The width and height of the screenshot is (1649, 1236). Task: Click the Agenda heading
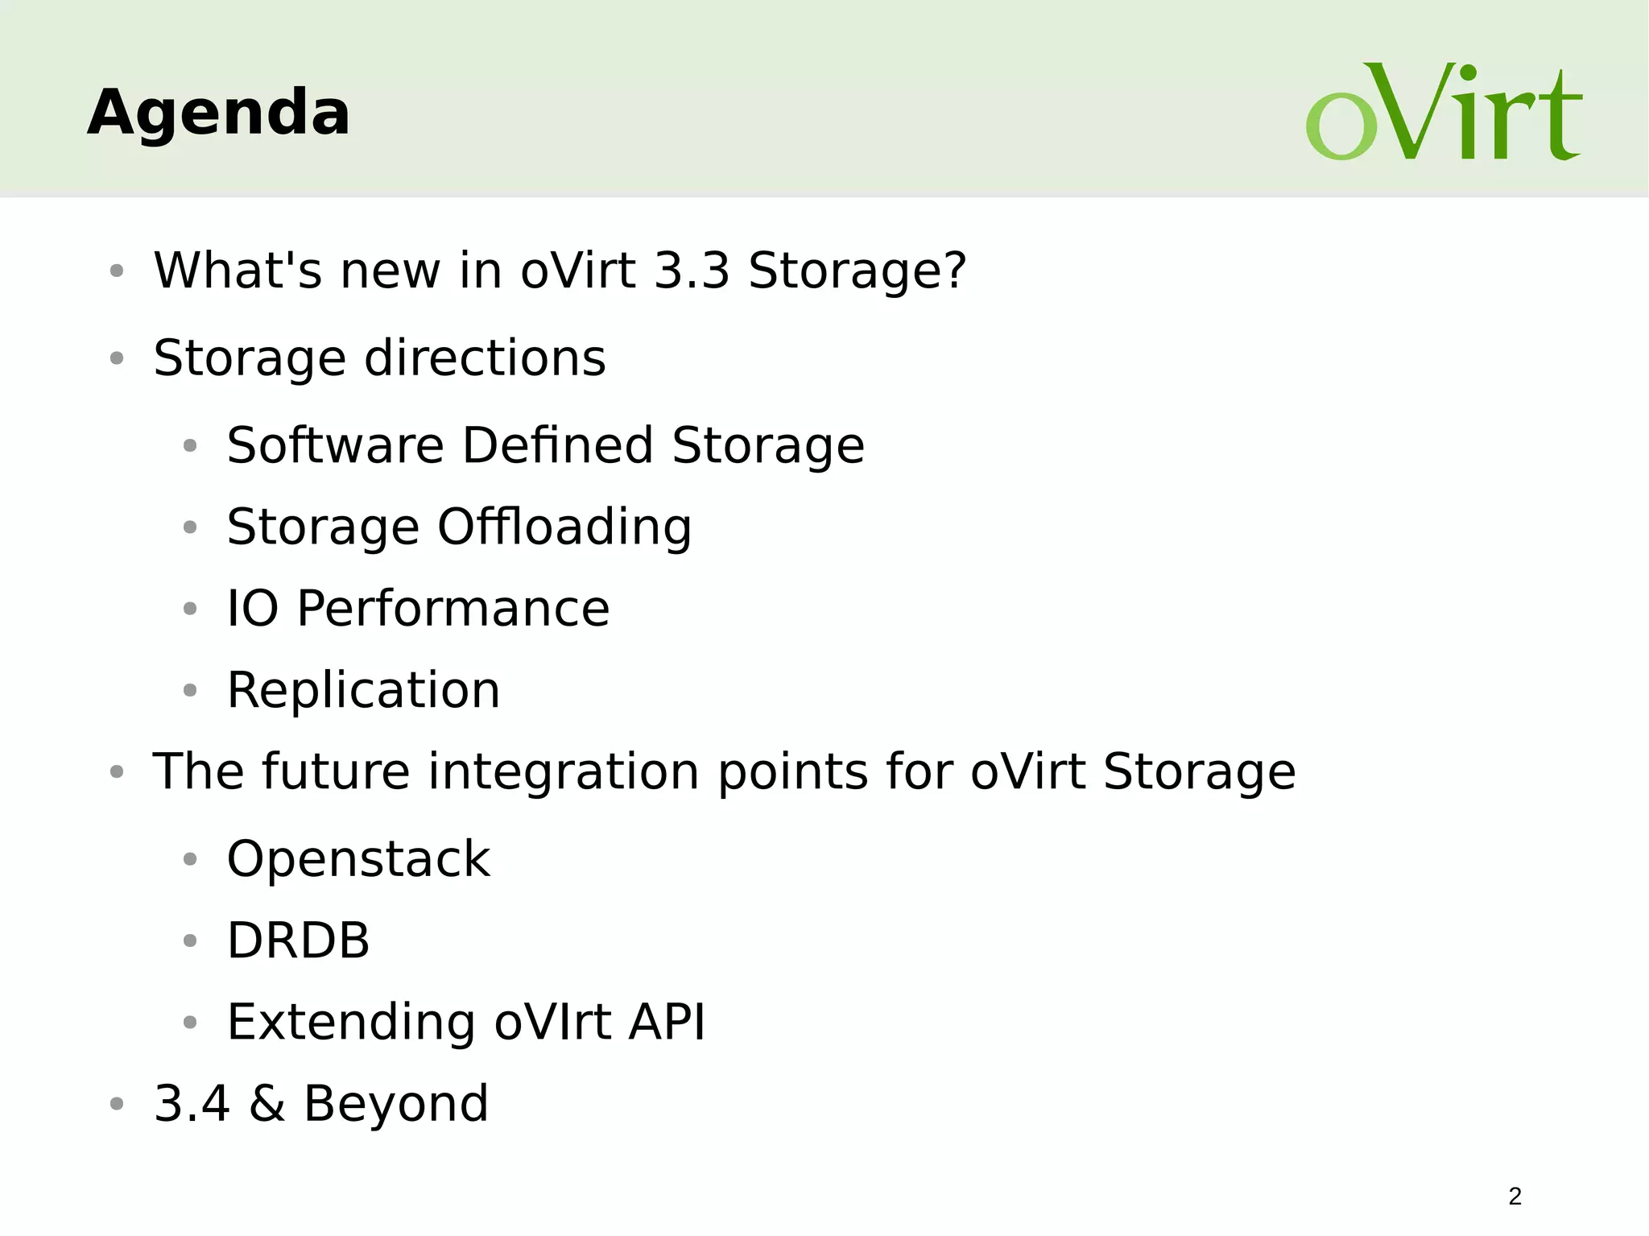(x=218, y=113)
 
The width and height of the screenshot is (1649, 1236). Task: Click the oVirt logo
(x=1443, y=113)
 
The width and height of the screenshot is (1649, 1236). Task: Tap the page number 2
(x=1515, y=1197)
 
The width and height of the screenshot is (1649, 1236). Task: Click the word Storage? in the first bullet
(x=857, y=271)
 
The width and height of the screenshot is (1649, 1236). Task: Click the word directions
(x=485, y=358)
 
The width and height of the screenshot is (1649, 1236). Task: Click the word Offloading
(x=564, y=528)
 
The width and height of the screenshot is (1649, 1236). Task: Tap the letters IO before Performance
(x=252, y=609)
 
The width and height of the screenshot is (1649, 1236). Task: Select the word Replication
(x=363, y=691)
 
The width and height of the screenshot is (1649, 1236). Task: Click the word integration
(x=563, y=773)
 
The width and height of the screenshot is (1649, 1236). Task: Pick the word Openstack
(x=358, y=859)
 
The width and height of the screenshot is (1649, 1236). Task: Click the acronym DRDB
(x=298, y=940)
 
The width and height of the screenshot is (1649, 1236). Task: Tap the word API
(x=667, y=1023)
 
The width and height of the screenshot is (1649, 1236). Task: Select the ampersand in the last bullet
(x=267, y=1104)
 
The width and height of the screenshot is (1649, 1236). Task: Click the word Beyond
(x=395, y=1104)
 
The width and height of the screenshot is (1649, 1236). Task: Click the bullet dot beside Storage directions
(x=117, y=358)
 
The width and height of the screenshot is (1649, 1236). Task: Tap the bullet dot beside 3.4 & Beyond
(x=117, y=1104)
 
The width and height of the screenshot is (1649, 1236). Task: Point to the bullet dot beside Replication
(x=190, y=691)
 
